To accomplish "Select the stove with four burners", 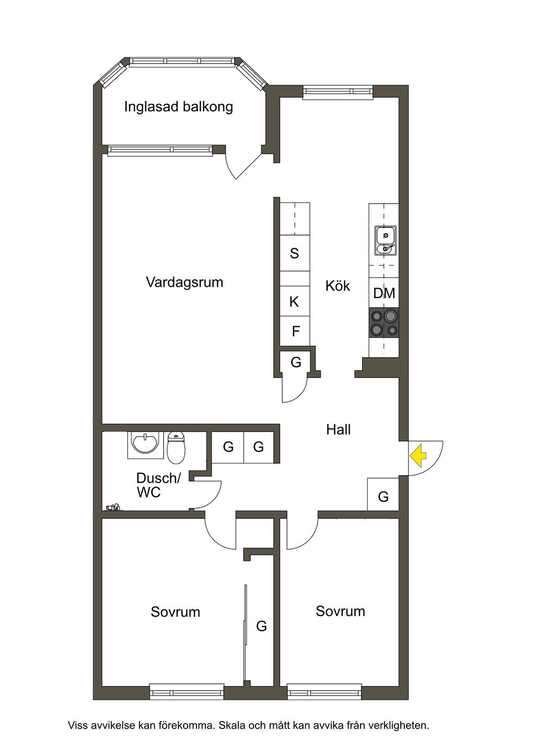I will pos(384,323).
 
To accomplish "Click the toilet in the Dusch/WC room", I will pos(177,448).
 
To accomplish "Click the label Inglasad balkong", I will pos(178,107).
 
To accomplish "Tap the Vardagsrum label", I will pos(184,282).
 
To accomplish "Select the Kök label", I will pos(338,286).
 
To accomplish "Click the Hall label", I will pos(338,430).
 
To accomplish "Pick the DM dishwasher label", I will pos(384,293).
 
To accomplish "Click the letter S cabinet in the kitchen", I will pos(295,254).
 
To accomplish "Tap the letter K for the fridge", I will pos(294,302).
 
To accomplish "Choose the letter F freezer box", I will pos(296,332).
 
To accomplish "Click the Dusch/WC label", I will pos(158,485).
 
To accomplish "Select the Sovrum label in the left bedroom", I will pos(176,612).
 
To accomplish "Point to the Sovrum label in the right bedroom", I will pos(340,611).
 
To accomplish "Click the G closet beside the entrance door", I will pos(383,497).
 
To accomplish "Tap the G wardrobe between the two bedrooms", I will pos(261,626).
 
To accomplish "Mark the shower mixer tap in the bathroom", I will pos(113,506).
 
